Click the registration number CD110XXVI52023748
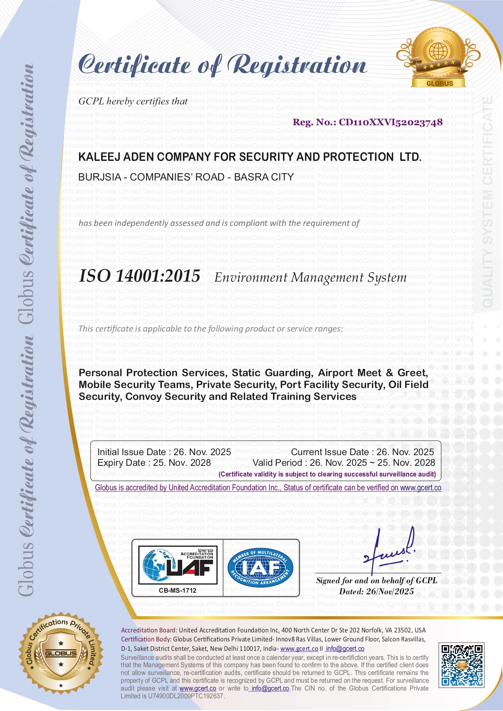(390, 122)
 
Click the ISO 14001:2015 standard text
(140, 276)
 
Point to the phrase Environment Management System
(310, 278)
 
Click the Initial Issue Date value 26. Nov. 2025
(202, 452)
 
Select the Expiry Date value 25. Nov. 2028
(182, 463)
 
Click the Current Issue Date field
(362, 452)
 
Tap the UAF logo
(178, 565)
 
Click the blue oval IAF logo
(261, 567)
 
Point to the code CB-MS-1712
(178, 591)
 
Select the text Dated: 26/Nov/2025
(376, 591)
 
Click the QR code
(461, 665)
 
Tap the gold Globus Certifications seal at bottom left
(61, 653)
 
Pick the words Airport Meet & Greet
(372, 373)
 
